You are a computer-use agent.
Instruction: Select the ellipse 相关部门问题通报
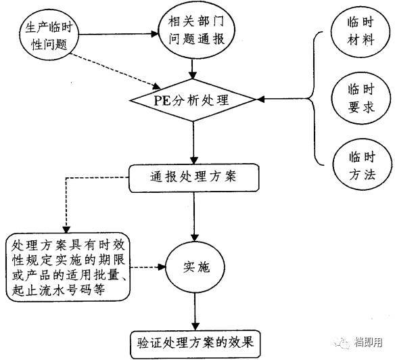coord(195,31)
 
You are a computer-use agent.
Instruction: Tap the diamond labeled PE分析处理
coord(195,102)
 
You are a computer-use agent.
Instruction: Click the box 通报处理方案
coord(194,178)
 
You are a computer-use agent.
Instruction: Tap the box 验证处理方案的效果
coord(195,339)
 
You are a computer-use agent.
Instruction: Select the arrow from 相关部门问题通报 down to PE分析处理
coord(195,68)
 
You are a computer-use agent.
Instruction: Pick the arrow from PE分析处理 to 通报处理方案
coord(195,142)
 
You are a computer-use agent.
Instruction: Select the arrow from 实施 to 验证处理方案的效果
coord(195,311)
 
